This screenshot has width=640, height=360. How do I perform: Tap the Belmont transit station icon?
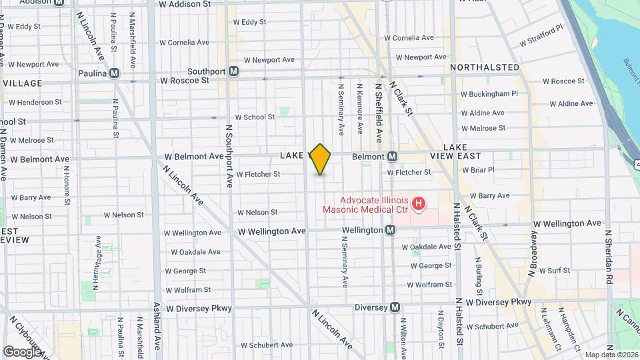[393, 157]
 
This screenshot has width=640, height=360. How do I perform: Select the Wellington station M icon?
[391, 230]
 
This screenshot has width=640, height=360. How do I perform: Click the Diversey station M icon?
[395, 307]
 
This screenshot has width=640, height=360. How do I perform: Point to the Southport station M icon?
[234, 71]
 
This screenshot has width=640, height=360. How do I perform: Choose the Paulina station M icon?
[115, 73]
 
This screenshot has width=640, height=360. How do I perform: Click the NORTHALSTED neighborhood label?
[485, 67]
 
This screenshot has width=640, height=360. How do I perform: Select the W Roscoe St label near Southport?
[184, 81]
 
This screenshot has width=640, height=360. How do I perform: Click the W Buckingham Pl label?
[489, 94]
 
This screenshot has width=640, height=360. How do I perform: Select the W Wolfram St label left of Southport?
[188, 290]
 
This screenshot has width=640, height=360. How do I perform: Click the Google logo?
[22, 351]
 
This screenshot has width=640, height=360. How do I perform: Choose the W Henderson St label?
[35, 103]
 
